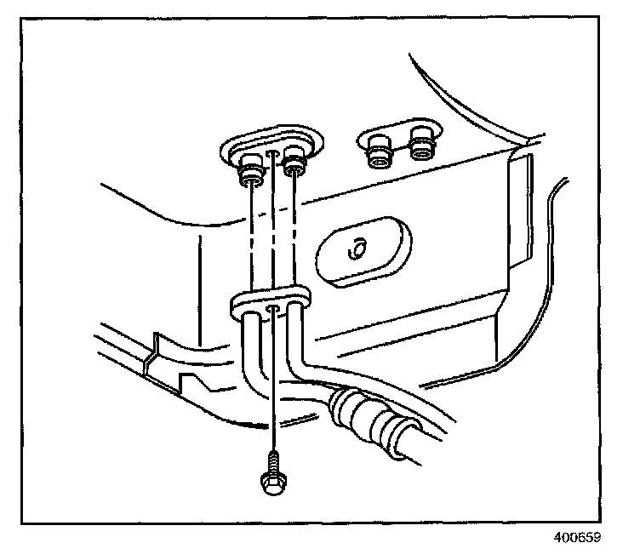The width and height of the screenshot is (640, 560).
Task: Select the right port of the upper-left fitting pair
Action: pos(294,165)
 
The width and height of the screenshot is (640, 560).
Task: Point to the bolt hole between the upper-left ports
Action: pos(271,154)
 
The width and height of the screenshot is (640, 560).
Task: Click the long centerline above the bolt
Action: pos(271,383)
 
